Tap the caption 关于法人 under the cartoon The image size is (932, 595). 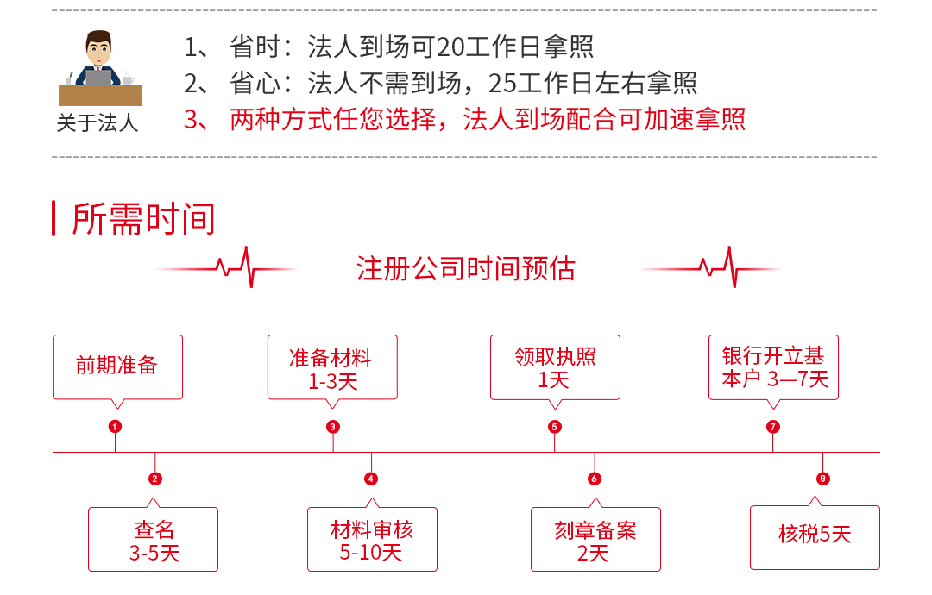click(98, 123)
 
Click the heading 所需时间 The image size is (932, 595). click(143, 218)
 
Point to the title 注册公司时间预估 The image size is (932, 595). click(466, 268)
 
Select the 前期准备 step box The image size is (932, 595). click(117, 366)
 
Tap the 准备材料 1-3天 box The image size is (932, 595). click(332, 367)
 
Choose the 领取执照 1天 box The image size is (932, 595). click(555, 367)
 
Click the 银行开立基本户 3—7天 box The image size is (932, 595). click(773, 367)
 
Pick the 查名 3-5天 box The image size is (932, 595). click(154, 540)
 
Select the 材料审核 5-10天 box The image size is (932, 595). click(372, 540)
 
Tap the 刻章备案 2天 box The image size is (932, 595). click(595, 540)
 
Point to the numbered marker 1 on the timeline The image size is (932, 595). click(115, 426)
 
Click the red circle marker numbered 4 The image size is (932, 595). click(371, 479)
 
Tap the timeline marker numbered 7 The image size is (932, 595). click(772, 426)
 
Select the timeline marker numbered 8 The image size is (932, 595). click(822, 479)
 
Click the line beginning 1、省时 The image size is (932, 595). click(388, 47)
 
